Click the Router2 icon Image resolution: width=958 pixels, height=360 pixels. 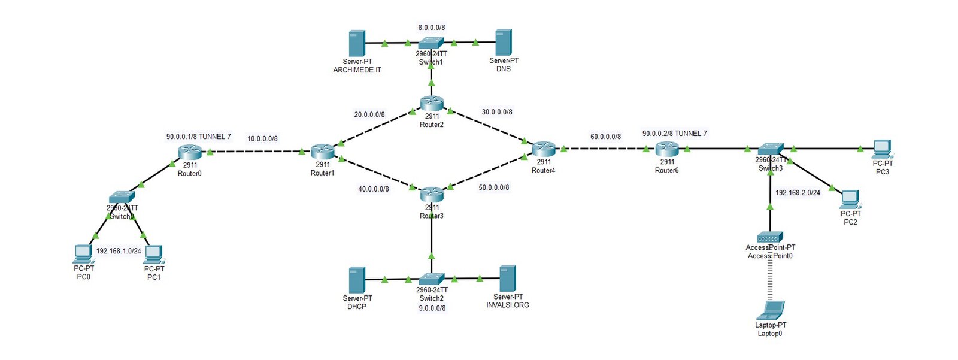pyautogui.click(x=431, y=103)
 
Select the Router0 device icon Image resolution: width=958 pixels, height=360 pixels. pyautogui.click(x=190, y=152)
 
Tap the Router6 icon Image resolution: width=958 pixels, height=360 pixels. pyautogui.click(x=666, y=149)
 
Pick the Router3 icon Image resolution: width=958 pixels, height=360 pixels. pyautogui.click(x=431, y=194)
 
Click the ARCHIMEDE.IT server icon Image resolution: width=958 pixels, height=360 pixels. pyautogui.click(x=357, y=43)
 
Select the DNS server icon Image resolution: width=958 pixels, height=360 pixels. pyautogui.click(x=504, y=43)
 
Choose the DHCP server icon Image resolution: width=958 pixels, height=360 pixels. pyautogui.click(x=357, y=280)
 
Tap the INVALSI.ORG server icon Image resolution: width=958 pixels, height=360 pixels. pyautogui.click(x=507, y=279)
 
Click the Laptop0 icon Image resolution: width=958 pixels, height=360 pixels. pyautogui.click(x=771, y=311)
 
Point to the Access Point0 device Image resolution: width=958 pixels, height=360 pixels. pyautogui.click(x=770, y=237)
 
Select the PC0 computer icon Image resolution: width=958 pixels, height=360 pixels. pyautogui.click(x=83, y=254)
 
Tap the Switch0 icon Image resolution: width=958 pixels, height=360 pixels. pyautogui.click(x=122, y=197)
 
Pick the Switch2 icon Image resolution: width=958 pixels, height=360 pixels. pyautogui.click(x=431, y=279)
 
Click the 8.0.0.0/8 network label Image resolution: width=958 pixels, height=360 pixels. pyautogui.click(x=431, y=28)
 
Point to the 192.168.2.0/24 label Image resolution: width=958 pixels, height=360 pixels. pyautogui.click(x=798, y=193)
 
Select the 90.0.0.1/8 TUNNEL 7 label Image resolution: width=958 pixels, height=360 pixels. pyautogui.click(x=198, y=137)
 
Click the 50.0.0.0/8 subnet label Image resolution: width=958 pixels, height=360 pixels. pyautogui.click(x=494, y=187)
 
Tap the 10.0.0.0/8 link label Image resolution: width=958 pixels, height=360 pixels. pyautogui.click(x=262, y=139)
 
